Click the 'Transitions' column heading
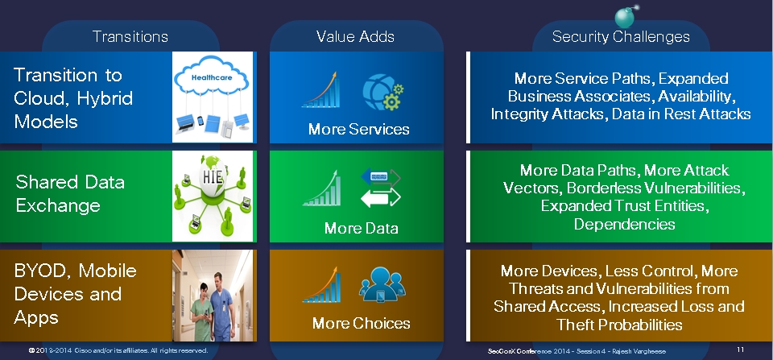pos(130,36)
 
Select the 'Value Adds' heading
pos(355,36)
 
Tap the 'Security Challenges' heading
pos(621,37)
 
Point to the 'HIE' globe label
pos(213,176)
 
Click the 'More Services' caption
pos(358,129)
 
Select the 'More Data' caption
pos(361,229)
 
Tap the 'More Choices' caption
pos(361,324)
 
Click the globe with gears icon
pos(383,92)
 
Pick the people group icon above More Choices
pos(382,284)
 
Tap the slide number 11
pos(741,350)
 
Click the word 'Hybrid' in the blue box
pos(105,98)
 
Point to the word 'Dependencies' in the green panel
pos(624,224)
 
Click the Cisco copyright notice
pos(118,350)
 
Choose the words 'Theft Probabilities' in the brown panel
pos(619,324)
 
